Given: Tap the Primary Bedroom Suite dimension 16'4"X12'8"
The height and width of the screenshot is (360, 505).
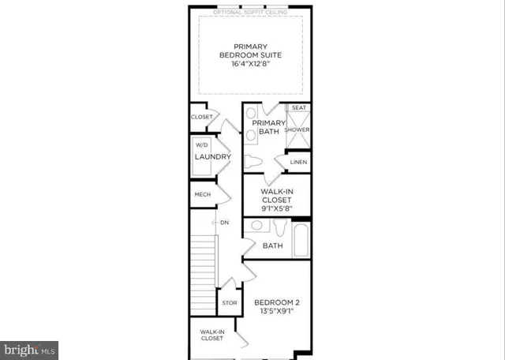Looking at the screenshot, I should (250, 65).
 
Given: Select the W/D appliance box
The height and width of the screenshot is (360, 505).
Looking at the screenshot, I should (201, 145).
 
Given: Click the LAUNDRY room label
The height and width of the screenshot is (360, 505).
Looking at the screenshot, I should (212, 157).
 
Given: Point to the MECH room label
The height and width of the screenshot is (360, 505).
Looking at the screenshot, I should (201, 193).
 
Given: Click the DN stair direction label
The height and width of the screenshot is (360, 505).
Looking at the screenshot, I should (224, 222).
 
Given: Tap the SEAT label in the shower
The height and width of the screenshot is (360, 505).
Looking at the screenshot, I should (299, 107).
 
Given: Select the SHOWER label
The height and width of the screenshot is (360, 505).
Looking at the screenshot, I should (297, 129).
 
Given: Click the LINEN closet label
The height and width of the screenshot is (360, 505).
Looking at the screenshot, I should (298, 163).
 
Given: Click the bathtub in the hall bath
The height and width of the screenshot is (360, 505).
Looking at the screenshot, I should (301, 240).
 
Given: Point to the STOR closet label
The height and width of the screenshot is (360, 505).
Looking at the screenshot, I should (229, 302).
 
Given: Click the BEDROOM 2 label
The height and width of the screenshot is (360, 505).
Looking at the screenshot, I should (276, 302).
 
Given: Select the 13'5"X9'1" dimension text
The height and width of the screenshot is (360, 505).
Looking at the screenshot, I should (276, 312).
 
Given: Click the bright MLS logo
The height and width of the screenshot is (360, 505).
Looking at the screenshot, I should (30, 347).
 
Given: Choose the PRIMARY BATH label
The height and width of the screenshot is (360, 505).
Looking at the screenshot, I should (268, 127).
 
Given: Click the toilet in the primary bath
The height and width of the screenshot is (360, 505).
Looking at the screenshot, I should (253, 163).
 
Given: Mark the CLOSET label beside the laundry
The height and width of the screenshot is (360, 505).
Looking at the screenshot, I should (201, 117).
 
